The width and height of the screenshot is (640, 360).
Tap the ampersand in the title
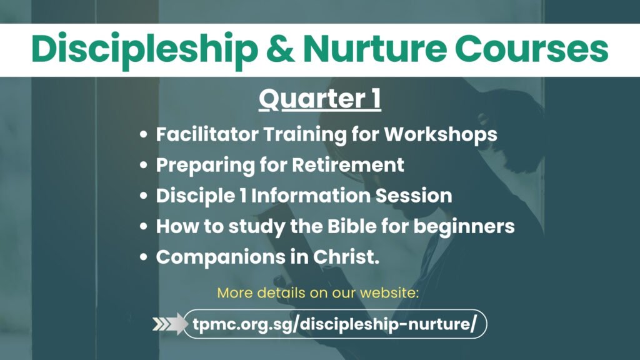[x=281, y=49]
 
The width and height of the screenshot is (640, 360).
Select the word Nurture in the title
[x=375, y=49]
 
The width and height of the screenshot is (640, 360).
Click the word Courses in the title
[x=531, y=49]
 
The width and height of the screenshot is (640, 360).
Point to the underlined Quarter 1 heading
[x=319, y=99]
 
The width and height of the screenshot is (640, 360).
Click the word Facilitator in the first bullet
[x=207, y=134]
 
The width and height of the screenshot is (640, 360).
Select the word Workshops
[x=441, y=135]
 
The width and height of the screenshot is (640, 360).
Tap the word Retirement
[x=347, y=165]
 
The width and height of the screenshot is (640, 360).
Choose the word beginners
[x=464, y=227]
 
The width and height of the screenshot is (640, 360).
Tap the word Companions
[x=221, y=257]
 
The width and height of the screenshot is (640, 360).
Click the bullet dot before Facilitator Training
[x=143, y=134]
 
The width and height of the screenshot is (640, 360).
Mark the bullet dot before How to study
[x=143, y=226]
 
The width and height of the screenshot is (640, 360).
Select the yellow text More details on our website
[x=318, y=292]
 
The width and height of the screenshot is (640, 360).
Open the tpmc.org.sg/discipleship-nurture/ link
[x=335, y=324]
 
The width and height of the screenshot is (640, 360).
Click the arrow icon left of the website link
[x=170, y=324]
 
